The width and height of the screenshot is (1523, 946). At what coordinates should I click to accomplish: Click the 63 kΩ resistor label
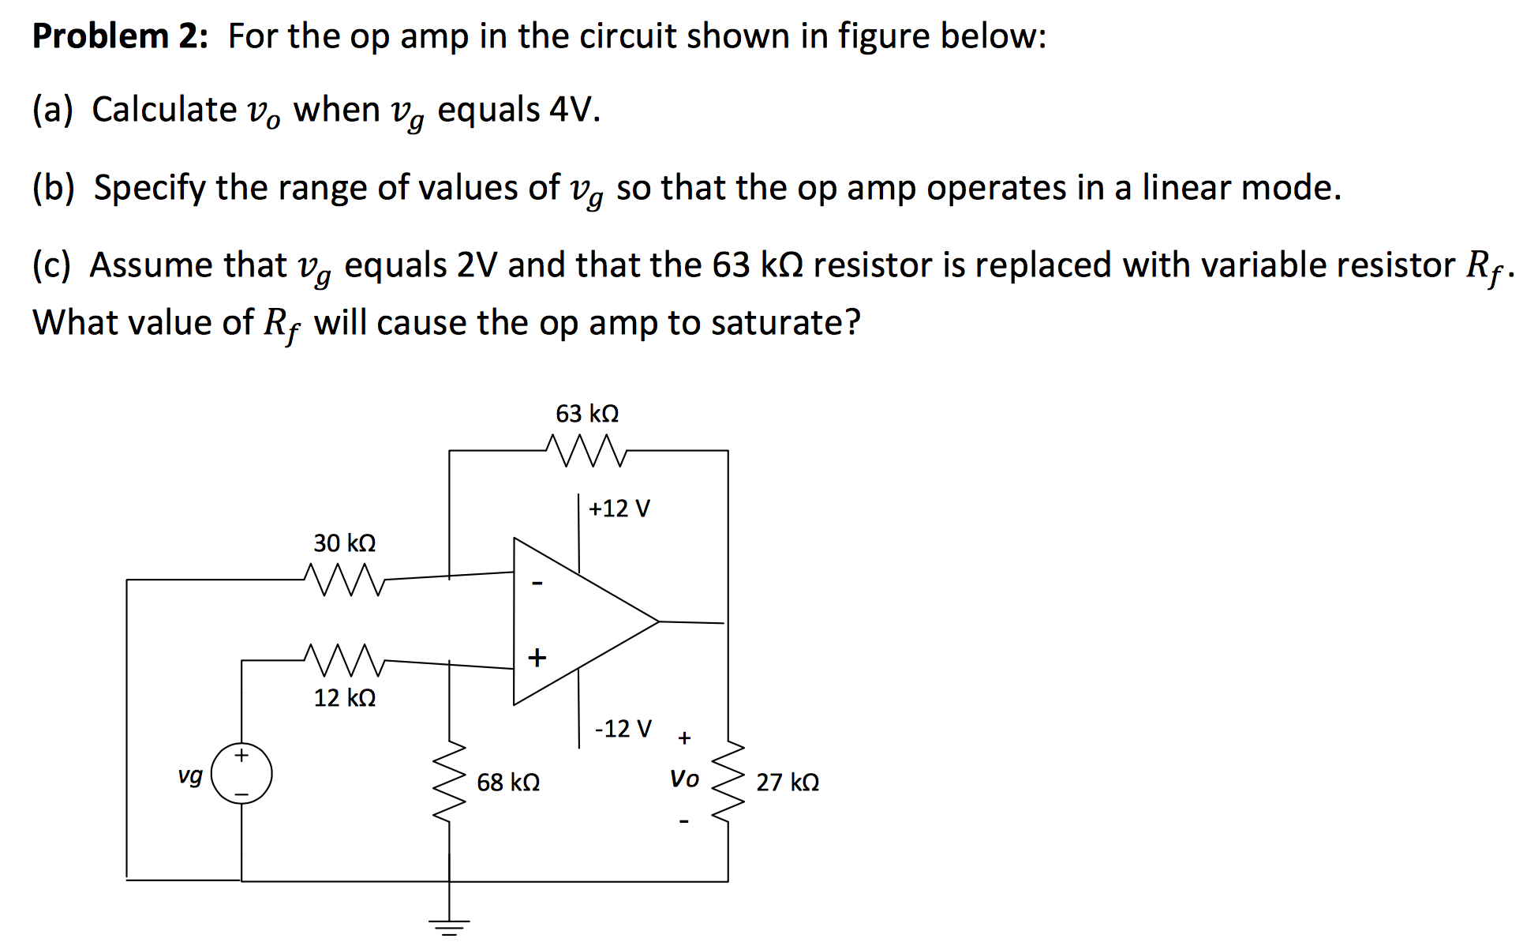[x=587, y=414]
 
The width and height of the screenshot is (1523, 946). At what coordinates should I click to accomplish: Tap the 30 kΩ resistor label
[x=345, y=543]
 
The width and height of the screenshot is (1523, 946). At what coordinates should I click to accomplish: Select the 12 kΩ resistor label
[x=345, y=698]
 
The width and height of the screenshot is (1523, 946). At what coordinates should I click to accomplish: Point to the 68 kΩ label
[x=508, y=783]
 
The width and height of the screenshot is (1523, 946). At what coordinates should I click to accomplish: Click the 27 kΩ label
[x=788, y=783]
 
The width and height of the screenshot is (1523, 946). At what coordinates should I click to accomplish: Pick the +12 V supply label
[x=619, y=509]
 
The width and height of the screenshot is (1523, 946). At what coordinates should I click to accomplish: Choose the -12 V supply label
[x=623, y=728]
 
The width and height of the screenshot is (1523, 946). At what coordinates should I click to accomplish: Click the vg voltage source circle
[x=241, y=774]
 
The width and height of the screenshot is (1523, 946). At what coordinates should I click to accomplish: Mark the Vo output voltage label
[x=684, y=779]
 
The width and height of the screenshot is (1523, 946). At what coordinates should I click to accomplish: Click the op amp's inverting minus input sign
[x=537, y=584]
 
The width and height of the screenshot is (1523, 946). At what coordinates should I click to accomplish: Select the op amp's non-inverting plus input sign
[x=537, y=657]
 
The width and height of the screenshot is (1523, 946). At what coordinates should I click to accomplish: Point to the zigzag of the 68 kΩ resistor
[x=450, y=782]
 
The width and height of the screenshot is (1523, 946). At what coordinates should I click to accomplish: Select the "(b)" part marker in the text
[x=54, y=188]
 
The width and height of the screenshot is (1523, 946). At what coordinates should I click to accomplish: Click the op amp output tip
[x=658, y=621]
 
